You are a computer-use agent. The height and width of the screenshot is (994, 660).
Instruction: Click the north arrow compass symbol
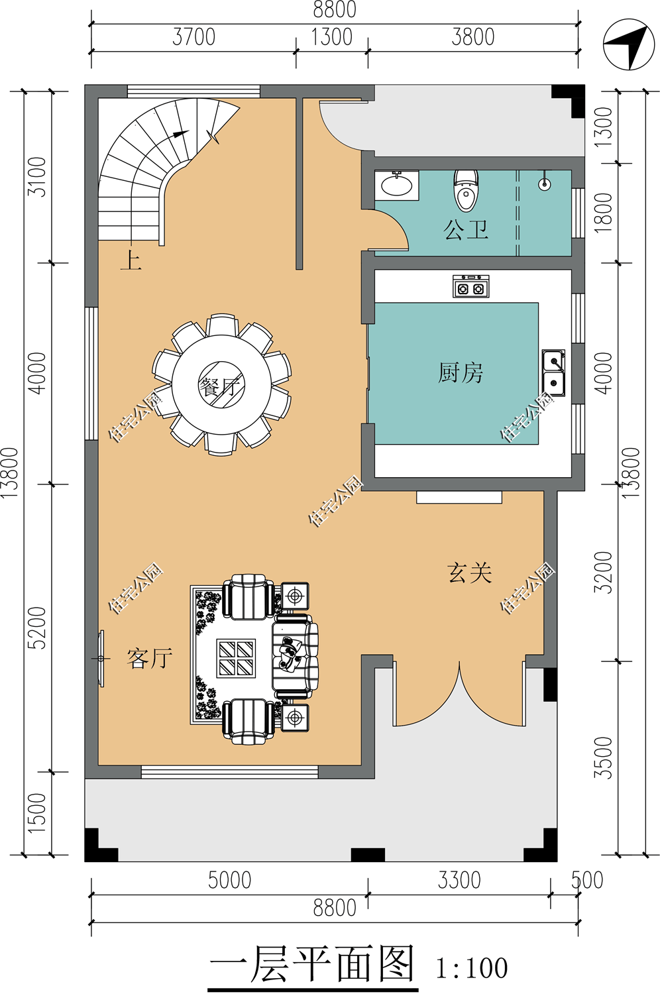coord(628,44)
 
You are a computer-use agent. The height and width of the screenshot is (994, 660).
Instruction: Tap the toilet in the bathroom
coord(465,190)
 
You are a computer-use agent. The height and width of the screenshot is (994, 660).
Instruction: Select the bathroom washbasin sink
coord(396,185)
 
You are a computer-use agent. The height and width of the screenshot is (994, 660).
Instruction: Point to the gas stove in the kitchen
coord(470,286)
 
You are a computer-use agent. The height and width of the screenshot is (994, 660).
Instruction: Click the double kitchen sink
coord(553,372)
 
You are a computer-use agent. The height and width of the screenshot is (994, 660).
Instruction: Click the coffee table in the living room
coord(236,658)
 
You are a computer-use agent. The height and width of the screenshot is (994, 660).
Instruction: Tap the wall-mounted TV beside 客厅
coord(101,659)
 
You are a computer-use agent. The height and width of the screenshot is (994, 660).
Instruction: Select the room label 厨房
coord(461,372)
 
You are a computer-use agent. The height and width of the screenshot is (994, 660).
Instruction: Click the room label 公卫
coord(466,230)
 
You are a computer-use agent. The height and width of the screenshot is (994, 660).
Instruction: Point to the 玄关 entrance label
coord(470,573)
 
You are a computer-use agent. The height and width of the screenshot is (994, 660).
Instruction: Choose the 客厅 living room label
coord(150,658)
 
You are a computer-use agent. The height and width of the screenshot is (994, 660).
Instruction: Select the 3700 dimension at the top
coord(194,37)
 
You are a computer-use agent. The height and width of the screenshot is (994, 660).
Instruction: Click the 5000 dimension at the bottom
coord(229,881)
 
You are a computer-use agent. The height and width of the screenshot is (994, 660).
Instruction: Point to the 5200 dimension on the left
coord(37,628)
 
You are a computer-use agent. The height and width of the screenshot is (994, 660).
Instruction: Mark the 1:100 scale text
coord(472,968)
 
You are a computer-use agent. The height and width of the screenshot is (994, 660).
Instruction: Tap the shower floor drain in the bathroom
coord(545,184)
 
